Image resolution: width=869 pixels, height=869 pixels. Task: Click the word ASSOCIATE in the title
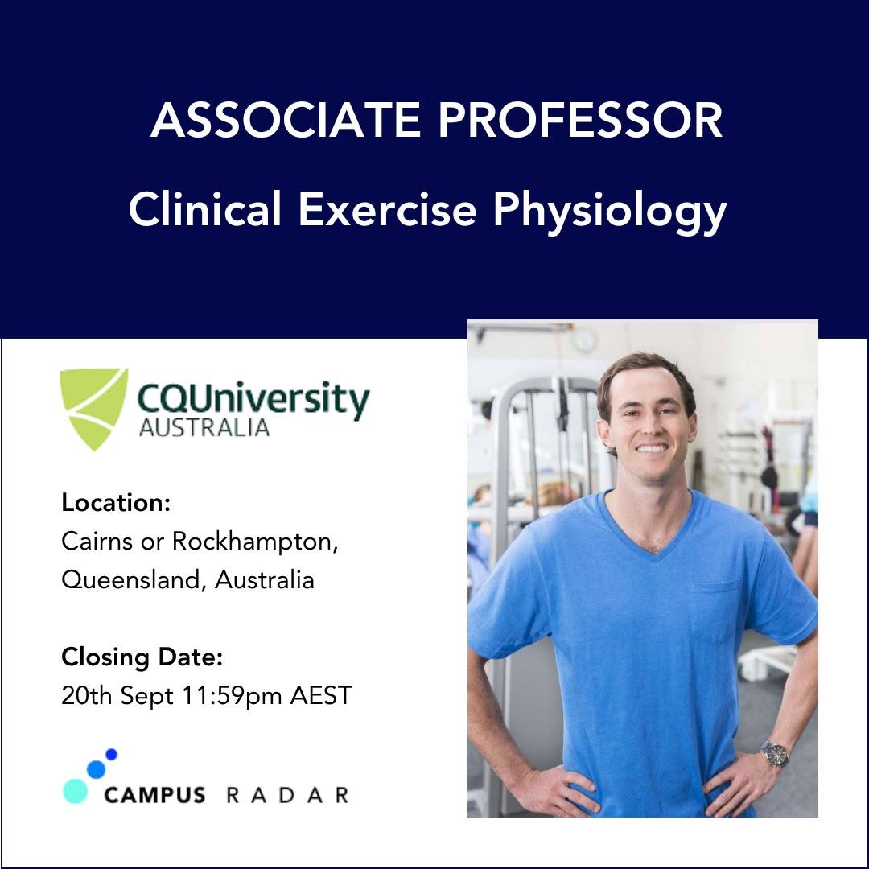pos(286,120)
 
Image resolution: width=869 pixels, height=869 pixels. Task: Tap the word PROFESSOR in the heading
pos(580,120)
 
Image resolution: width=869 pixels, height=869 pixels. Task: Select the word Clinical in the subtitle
pos(205,209)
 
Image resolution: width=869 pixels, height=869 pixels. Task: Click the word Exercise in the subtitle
pos(387,209)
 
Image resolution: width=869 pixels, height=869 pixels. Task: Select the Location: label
pos(116,503)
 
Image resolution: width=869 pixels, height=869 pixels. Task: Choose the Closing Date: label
pos(142,658)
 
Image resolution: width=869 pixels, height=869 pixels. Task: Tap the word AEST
pos(321,695)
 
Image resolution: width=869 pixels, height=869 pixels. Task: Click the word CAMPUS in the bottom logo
pos(154,795)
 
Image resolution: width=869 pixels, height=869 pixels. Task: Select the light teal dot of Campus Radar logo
pos(76,791)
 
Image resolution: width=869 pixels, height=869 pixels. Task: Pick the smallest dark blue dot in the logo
pos(111,754)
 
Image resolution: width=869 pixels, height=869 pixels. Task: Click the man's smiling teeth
pos(651,448)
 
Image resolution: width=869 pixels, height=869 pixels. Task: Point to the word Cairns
pos(97,542)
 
